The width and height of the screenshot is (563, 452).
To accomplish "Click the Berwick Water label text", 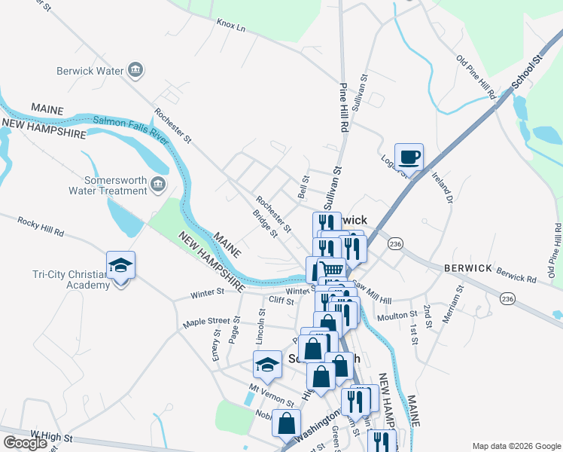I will [x=90, y=72].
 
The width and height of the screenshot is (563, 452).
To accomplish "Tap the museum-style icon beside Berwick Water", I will [x=136, y=71].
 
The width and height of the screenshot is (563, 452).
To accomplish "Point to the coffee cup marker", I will [x=409, y=157].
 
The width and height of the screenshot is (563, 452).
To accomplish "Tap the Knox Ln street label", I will [x=231, y=26].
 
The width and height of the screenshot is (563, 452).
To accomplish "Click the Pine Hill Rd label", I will [x=343, y=108].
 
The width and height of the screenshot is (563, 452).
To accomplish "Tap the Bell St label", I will [x=305, y=188].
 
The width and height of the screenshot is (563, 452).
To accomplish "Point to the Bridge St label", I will [x=264, y=223].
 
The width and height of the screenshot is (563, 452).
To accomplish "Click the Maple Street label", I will [x=206, y=323].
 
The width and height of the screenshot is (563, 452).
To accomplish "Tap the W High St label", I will [x=51, y=436].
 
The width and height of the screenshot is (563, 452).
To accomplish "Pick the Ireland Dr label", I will [x=442, y=188].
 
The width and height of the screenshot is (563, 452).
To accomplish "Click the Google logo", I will [x=25, y=443].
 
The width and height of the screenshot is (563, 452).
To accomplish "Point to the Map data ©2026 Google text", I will [x=516, y=446].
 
